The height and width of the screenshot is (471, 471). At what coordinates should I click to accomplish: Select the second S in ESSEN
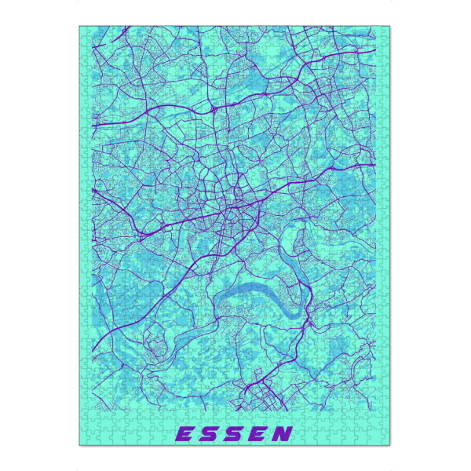pyautogui.click(x=235, y=433)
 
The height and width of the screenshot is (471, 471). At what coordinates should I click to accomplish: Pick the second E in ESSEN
pyautogui.click(x=259, y=433)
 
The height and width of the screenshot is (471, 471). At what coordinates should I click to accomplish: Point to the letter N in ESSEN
pyautogui.click(x=283, y=433)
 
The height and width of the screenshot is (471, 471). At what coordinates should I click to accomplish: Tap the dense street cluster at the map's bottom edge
pyautogui.click(x=263, y=396)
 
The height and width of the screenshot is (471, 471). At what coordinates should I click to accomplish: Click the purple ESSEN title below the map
pyautogui.click(x=233, y=433)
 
